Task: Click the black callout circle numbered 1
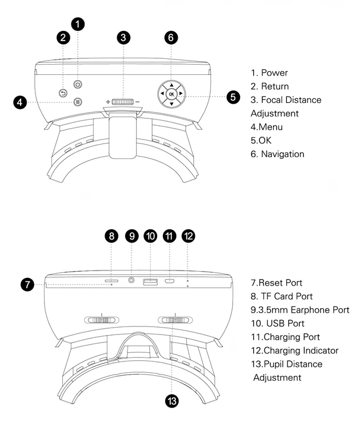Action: point(78,23)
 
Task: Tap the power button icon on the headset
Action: point(78,84)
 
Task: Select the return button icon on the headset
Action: point(63,93)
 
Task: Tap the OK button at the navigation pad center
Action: point(171,94)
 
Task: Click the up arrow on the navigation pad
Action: point(171,84)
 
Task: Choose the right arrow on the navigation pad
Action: point(181,94)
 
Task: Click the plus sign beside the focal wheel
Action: point(107,102)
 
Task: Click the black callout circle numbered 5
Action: point(233,97)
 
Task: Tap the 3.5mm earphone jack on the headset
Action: point(133,280)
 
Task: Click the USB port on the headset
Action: point(150,281)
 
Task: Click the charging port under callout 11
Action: point(169,281)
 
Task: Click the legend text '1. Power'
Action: point(269,73)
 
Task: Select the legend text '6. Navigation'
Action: point(278,154)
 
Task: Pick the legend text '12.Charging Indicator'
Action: point(295,351)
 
